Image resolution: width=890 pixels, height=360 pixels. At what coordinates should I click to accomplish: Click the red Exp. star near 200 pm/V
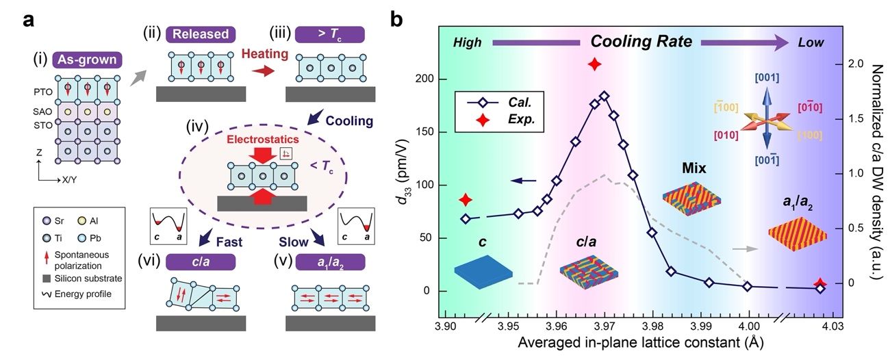(x=594, y=64)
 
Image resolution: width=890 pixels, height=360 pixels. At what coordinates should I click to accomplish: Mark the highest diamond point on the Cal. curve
(x=604, y=97)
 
